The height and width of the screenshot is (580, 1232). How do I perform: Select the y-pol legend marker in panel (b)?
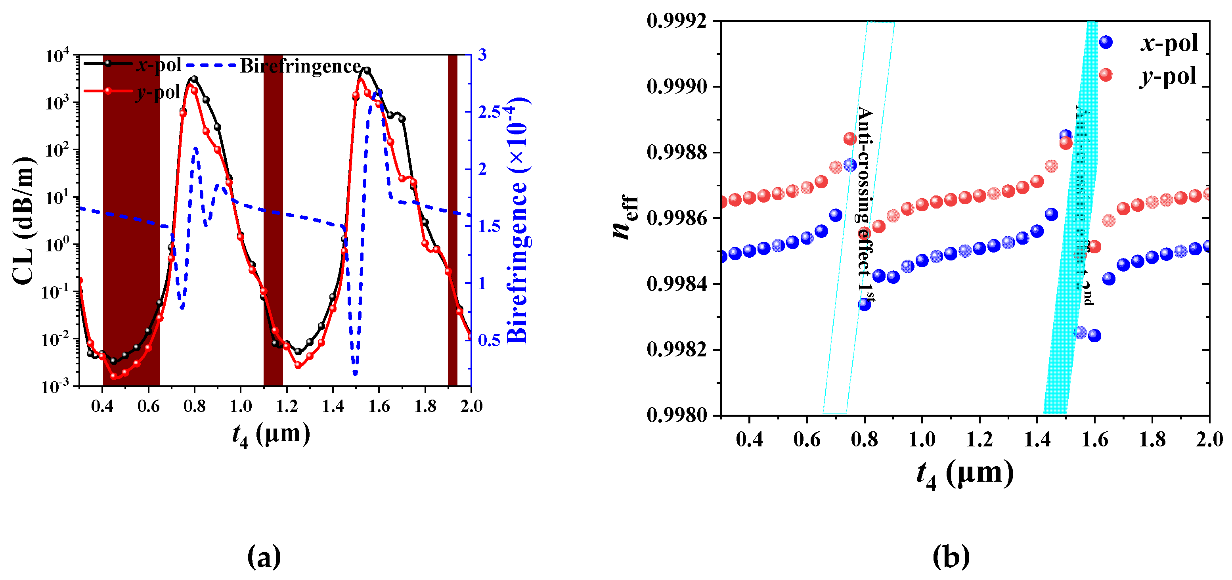[1105, 75]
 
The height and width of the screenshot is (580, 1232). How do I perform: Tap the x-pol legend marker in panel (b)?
[1105, 42]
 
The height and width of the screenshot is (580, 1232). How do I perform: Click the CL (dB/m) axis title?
[24, 220]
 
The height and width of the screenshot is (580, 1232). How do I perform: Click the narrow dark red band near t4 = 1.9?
[452, 220]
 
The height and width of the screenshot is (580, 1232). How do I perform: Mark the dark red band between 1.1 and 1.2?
[273, 220]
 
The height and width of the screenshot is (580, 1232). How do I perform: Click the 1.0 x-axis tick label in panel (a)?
[241, 406]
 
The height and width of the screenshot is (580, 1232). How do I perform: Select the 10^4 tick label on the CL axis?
[57, 56]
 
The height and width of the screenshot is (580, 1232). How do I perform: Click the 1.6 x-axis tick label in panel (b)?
[1094, 439]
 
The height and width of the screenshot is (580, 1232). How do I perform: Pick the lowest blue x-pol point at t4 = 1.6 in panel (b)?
[1094, 336]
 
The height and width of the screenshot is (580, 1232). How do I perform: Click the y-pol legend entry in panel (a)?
[158, 92]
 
